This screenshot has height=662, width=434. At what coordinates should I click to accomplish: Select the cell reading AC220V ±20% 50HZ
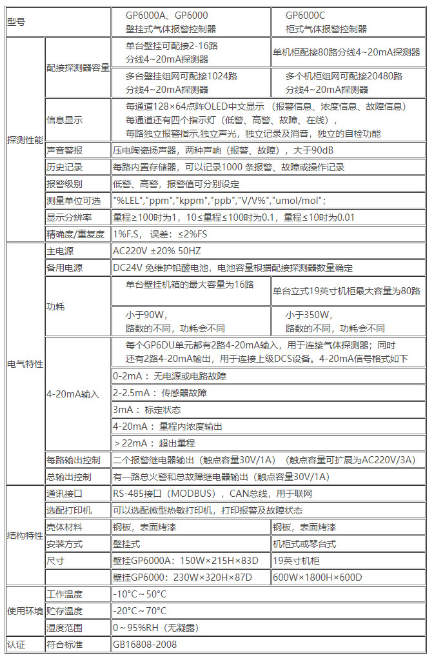click(x=157, y=251)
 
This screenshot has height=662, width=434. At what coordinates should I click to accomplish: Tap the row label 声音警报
click(x=64, y=150)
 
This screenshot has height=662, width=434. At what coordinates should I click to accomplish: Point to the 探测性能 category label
click(x=25, y=139)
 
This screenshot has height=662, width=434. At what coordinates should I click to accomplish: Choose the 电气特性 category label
click(x=25, y=364)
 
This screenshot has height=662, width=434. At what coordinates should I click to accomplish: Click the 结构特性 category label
click(x=25, y=536)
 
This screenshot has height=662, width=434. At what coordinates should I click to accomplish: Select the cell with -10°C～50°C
click(x=139, y=594)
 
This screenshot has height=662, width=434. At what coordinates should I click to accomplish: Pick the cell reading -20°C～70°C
click(x=139, y=611)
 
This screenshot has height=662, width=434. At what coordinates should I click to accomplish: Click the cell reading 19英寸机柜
click(x=297, y=561)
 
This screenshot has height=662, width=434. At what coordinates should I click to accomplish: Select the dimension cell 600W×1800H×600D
click(x=317, y=577)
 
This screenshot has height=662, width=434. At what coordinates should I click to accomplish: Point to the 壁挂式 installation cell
click(x=126, y=544)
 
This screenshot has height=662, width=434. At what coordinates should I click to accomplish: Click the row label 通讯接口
click(x=64, y=494)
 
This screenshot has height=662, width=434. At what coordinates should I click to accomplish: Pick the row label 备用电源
click(x=64, y=268)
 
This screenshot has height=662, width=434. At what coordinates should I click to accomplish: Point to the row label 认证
click(x=15, y=644)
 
